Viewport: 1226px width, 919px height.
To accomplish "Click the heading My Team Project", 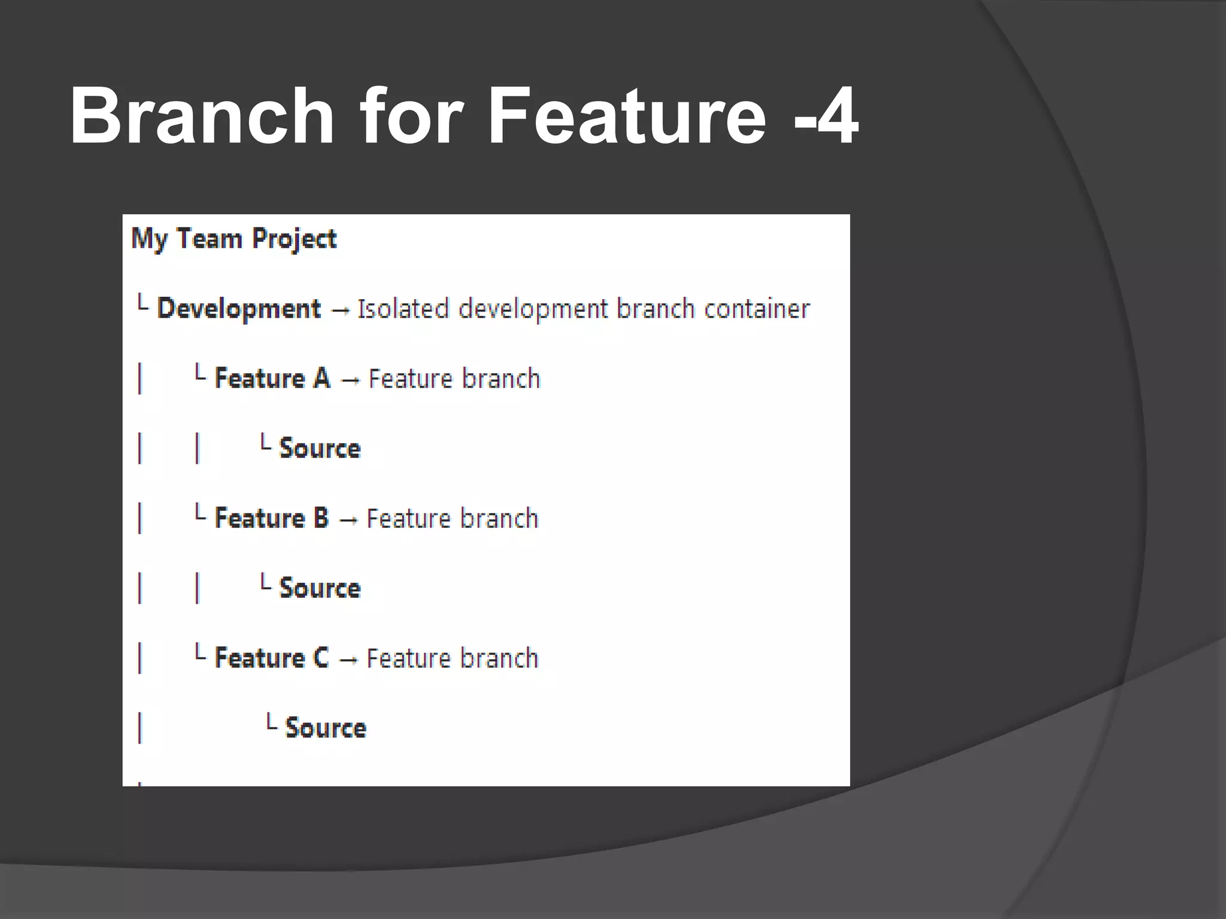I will point(234,239).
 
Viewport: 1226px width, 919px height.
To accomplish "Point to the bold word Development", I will point(239,309).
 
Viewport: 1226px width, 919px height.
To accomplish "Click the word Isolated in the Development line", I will point(403,309).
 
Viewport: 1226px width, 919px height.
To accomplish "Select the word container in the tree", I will point(757,309).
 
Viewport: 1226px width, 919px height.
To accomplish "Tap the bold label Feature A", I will point(272,379).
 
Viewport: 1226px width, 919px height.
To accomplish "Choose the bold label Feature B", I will point(272,518).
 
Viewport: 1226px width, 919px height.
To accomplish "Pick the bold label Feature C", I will point(272,658).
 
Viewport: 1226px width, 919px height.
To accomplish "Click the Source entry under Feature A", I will point(320,449).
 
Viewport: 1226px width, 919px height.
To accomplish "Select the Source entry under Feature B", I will point(320,588).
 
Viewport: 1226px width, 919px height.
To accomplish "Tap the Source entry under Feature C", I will point(326,728).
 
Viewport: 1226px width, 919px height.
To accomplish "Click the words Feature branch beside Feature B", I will point(453,518).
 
